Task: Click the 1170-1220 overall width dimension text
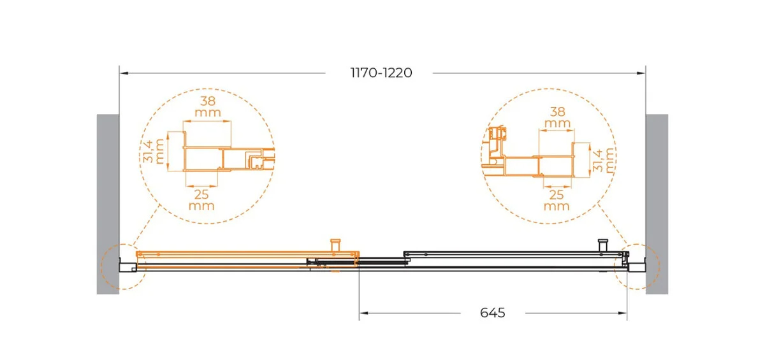coord(381,73)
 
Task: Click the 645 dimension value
coord(492,313)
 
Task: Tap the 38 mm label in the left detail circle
coord(208,106)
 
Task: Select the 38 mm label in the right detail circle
coord(557,117)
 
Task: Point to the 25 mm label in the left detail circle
coord(201,200)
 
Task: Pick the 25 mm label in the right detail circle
coord(557,200)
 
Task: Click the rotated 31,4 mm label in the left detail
coord(154,151)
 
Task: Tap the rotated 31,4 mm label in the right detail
coord(604,160)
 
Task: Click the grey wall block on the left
coord(108,204)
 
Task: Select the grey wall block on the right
coord(657,204)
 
